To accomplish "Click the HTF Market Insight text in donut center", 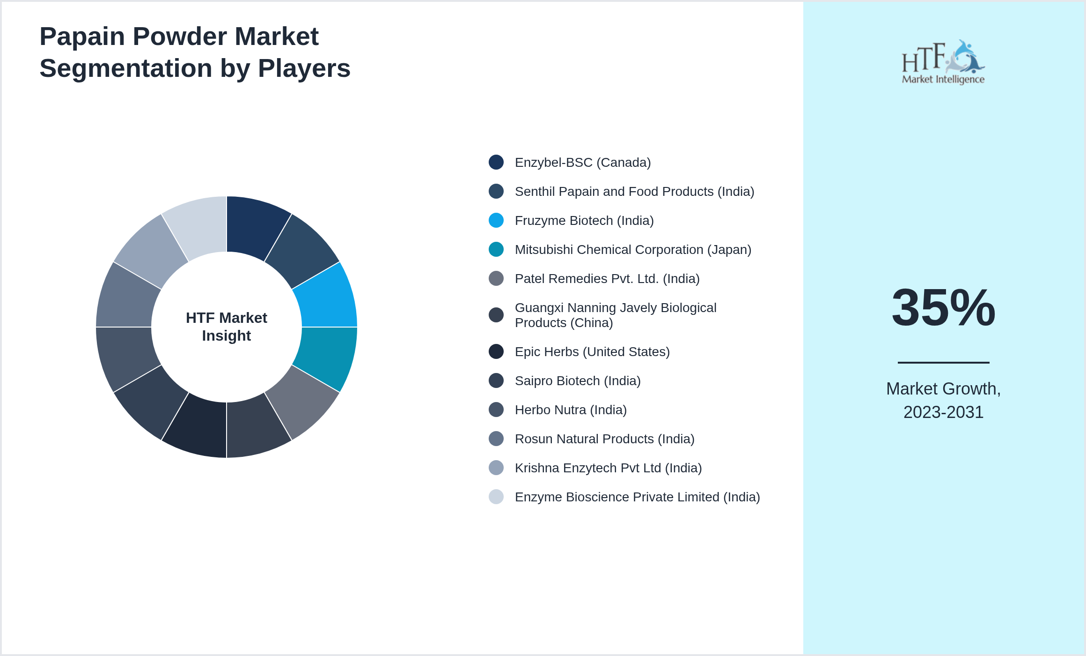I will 227,327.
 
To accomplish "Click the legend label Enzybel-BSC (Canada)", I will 582,163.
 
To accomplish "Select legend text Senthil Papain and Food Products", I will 634,192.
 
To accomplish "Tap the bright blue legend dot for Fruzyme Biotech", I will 496,220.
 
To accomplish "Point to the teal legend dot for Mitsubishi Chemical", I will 496,249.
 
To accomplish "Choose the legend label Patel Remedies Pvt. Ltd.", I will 607,279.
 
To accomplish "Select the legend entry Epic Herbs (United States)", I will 592,352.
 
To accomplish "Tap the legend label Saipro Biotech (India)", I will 578,381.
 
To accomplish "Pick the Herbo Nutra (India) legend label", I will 571,410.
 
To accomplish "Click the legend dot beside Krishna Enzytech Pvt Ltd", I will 496,468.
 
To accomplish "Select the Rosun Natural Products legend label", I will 604,439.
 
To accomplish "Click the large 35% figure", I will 943,308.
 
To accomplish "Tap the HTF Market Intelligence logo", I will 943,62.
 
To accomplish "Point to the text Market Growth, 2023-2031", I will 943,400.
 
